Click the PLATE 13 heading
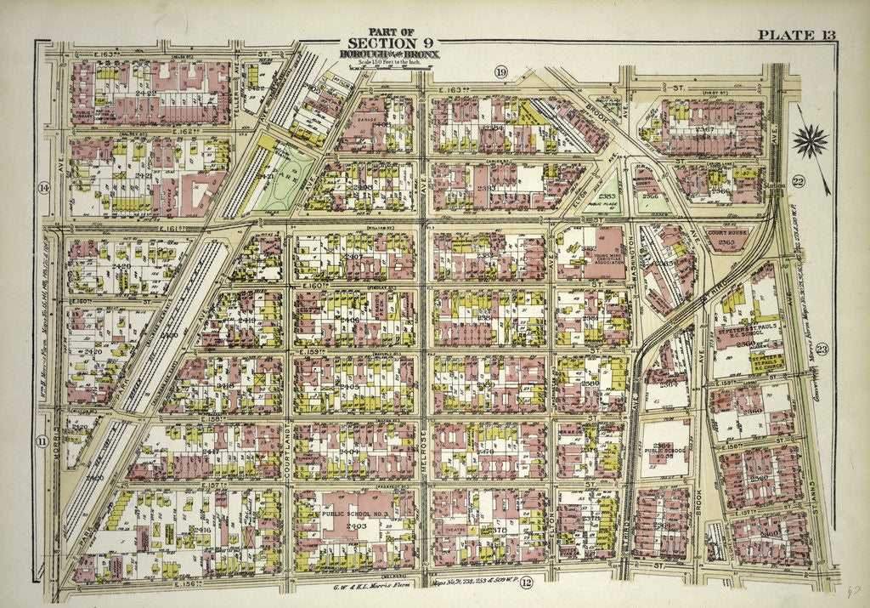tap(796, 34)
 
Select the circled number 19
tap(501, 73)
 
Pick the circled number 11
tap(41, 440)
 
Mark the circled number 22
tap(798, 181)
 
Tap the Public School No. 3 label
tap(355, 514)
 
